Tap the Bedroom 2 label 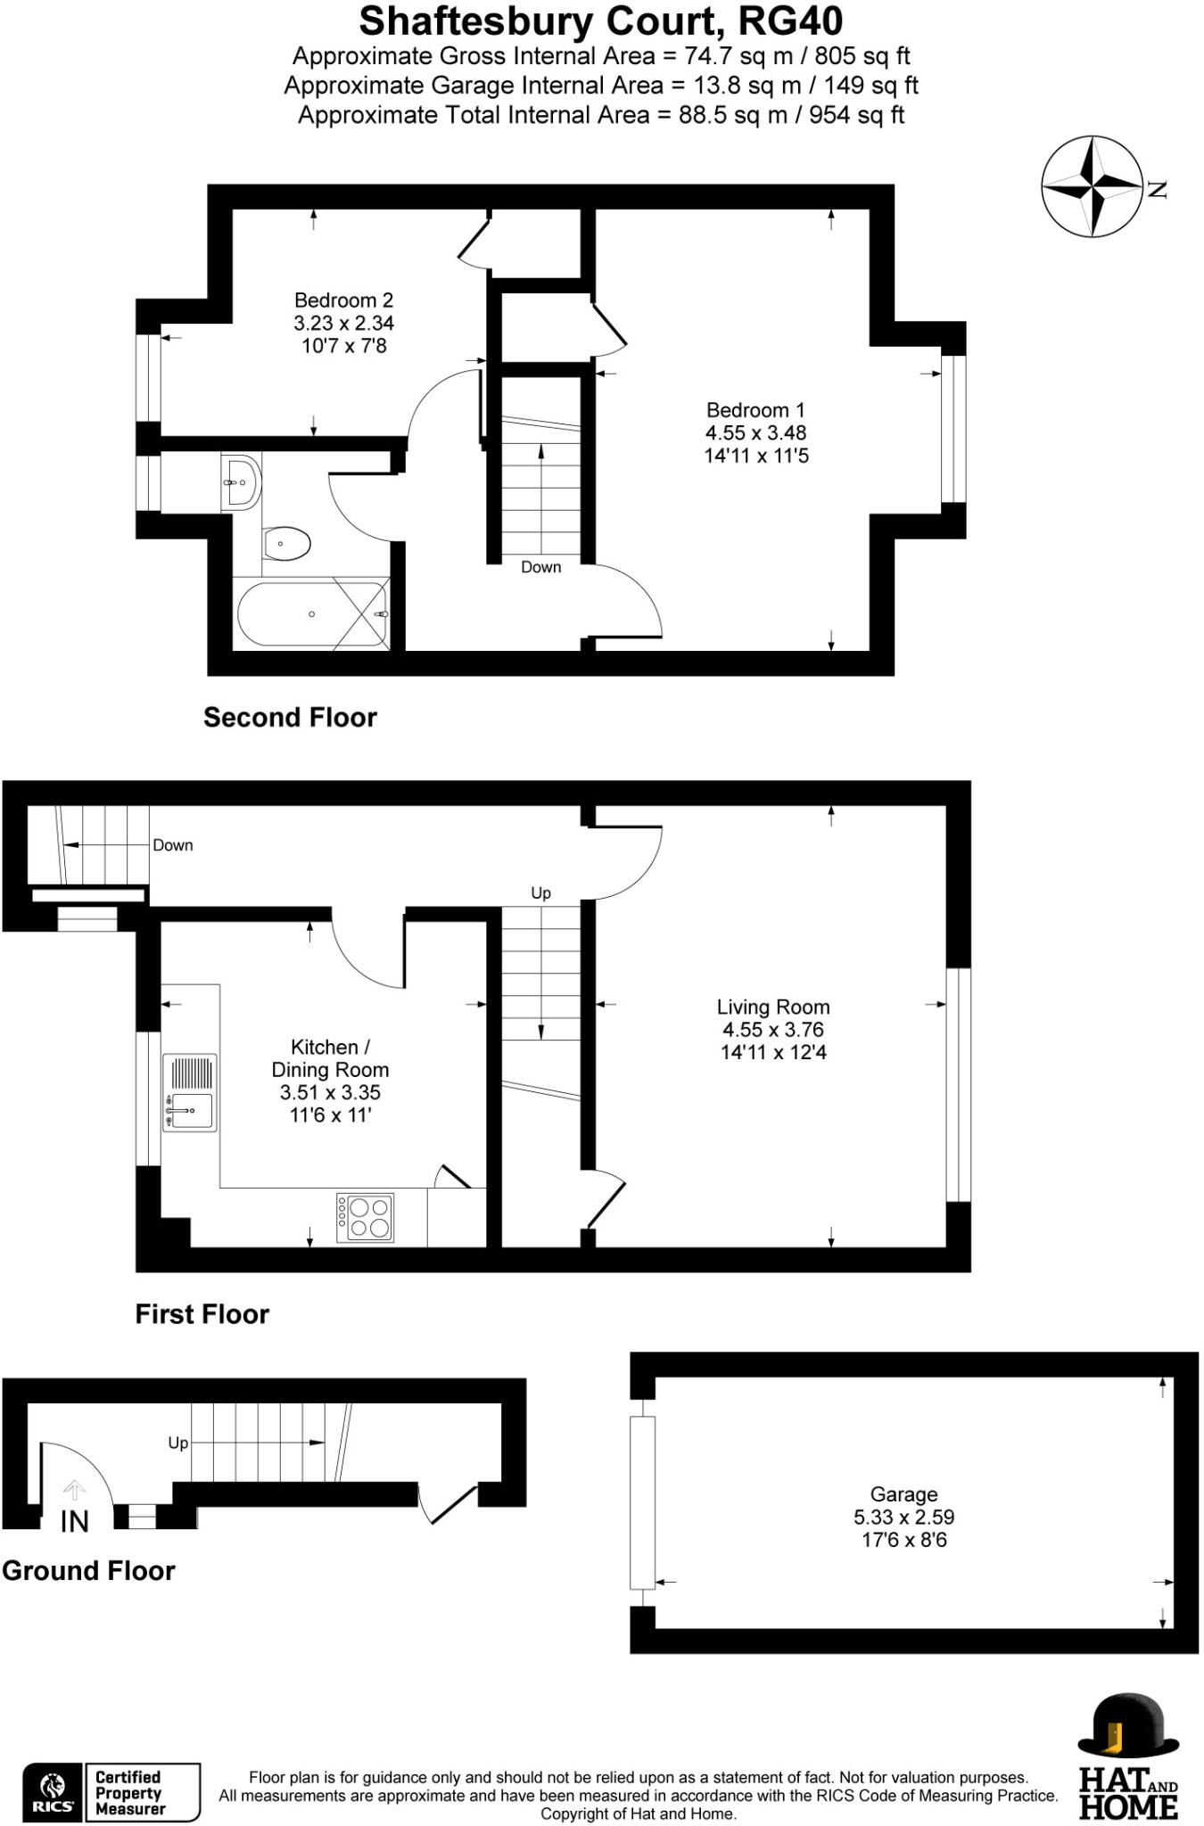(x=343, y=300)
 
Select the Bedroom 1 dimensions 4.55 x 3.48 (x=755, y=433)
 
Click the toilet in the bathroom (x=285, y=542)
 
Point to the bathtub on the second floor (x=311, y=614)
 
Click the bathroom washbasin (x=241, y=482)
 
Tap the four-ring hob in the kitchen (x=365, y=1218)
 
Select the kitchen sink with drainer (x=190, y=1093)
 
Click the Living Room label (x=773, y=1008)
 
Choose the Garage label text (x=903, y=1494)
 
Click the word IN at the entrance (x=74, y=1522)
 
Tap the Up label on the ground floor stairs (x=178, y=1443)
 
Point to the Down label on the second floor (x=540, y=567)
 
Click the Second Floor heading (x=290, y=718)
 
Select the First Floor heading (x=202, y=1314)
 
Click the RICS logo (x=52, y=1792)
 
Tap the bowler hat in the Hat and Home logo (x=1127, y=1726)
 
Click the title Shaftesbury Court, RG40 (x=600, y=21)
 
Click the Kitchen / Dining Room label (x=330, y=1058)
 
